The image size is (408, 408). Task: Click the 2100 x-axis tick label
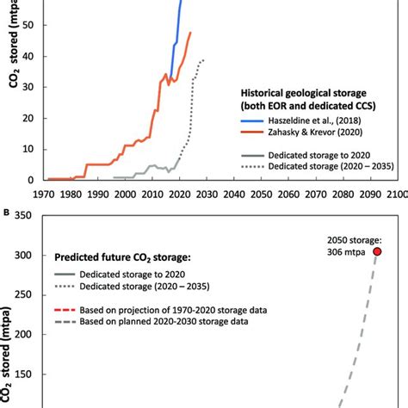tap(396, 195)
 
